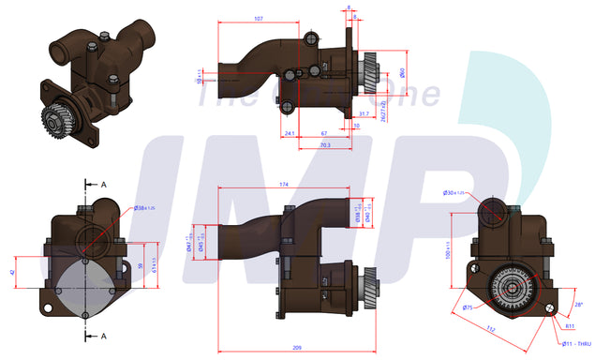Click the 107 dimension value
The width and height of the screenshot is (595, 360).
tap(259, 18)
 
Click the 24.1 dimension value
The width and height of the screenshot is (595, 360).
tap(290, 134)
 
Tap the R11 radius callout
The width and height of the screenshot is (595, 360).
tap(569, 325)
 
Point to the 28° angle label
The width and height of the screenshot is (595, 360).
tap(578, 304)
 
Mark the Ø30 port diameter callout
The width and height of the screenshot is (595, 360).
tap(454, 194)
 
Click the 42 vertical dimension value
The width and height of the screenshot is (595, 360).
tap(12, 272)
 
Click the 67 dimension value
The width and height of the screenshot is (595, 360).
tap(324, 134)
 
